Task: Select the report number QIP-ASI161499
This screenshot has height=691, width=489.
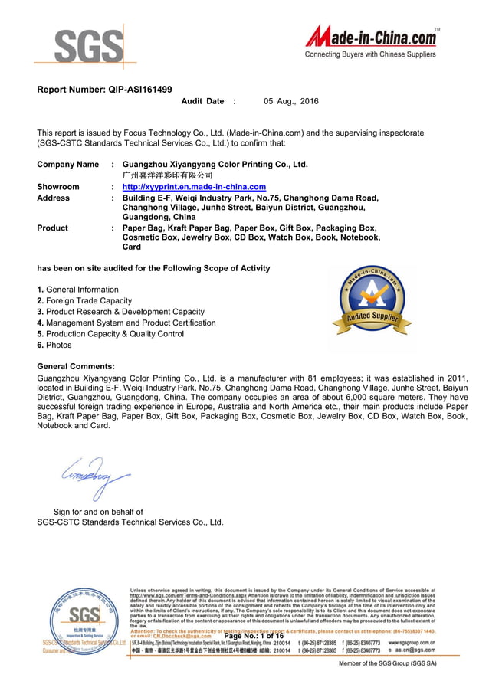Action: click(105, 90)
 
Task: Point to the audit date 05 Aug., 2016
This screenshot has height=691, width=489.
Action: click(290, 101)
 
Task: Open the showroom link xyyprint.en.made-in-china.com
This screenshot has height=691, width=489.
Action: click(194, 187)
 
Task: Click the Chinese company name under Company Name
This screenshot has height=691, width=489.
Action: click(162, 175)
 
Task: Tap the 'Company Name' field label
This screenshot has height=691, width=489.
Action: click(68, 165)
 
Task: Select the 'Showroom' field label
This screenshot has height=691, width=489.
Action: click(58, 187)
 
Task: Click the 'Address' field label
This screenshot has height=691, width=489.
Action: click(54, 198)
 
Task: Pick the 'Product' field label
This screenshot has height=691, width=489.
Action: click(53, 228)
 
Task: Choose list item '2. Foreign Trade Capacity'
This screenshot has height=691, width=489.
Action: click(84, 301)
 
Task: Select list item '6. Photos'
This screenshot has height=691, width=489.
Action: click(54, 345)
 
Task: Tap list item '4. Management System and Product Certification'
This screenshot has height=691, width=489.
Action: click(126, 323)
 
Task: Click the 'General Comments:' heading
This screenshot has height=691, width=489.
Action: click(76, 367)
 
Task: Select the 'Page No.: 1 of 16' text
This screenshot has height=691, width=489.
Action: click(254, 636)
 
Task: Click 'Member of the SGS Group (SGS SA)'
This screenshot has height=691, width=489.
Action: click(388, 663)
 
